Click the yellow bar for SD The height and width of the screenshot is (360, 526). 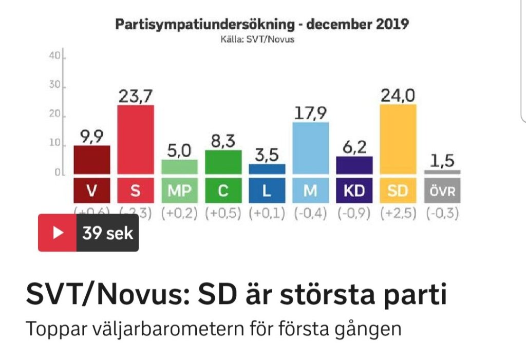coord(398,139)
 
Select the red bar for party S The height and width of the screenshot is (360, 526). coord(136,139)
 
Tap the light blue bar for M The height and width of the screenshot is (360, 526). coord(311,148)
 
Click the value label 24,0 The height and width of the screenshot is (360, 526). coord(398,95)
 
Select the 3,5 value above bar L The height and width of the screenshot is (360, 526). coord(267,155)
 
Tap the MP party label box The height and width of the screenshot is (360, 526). coord(179,191)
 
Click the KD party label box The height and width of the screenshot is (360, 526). coord(354,191)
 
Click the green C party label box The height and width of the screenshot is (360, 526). coord(223,191)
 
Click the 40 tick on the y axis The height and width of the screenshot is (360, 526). coord(55,56)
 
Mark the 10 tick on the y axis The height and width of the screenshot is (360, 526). coord(55,144)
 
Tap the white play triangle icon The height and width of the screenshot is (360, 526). coord(58,233)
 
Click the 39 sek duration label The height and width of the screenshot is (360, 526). coord(107,233)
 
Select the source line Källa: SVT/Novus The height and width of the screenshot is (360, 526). coord(262,39)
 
